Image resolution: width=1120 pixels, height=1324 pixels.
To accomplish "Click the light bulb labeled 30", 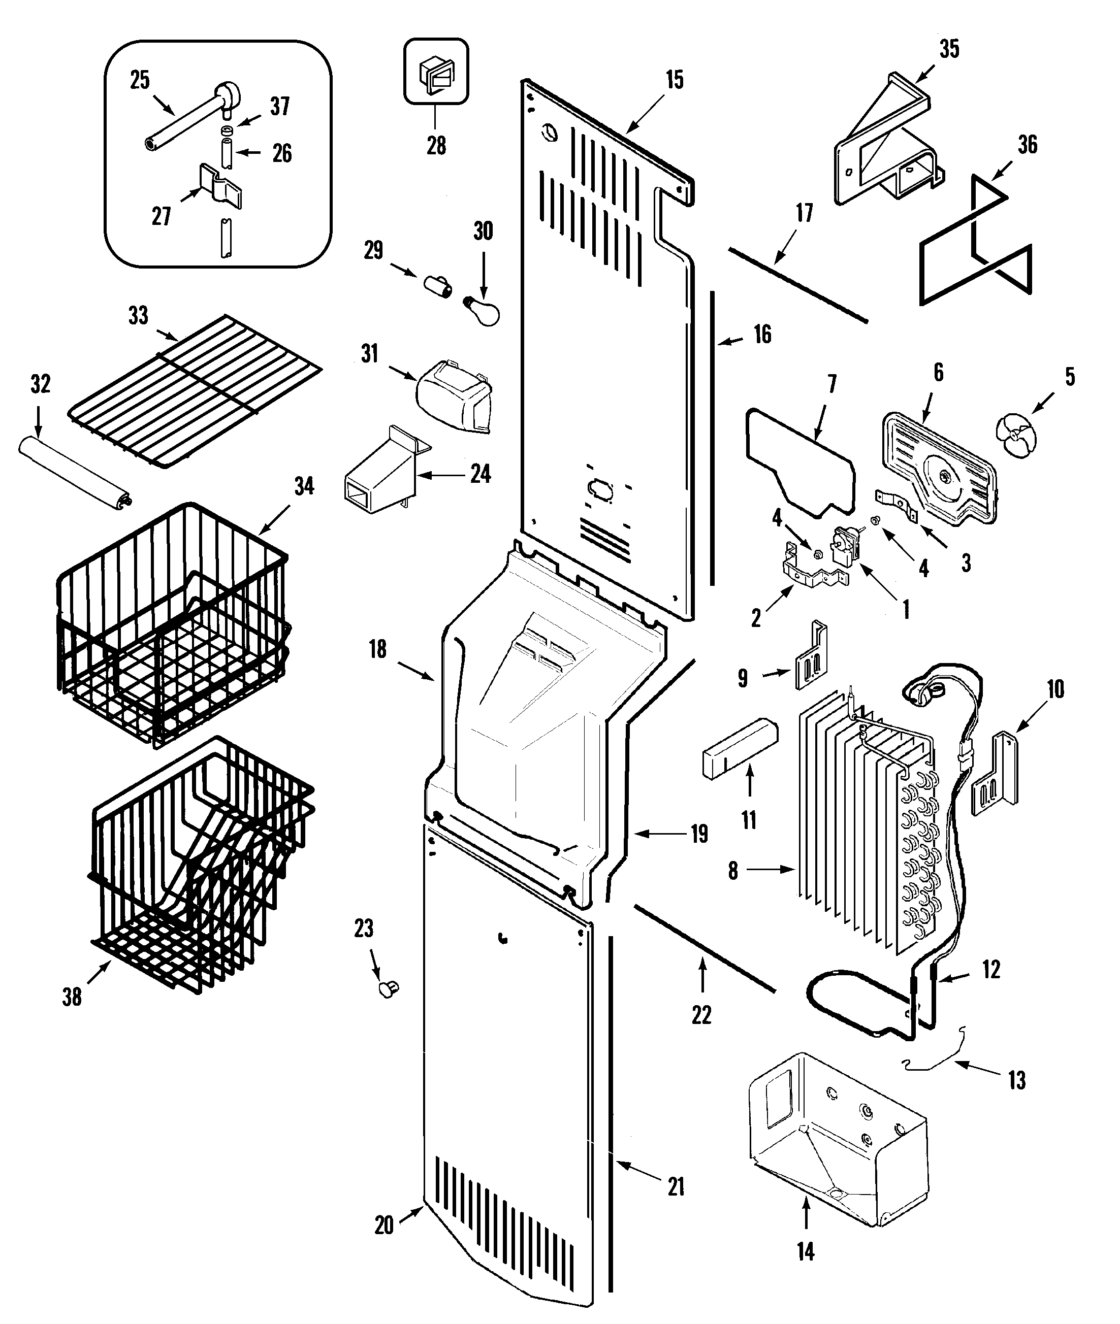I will (x=485, y=311).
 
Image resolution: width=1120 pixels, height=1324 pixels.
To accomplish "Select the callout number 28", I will (x=436, y=146).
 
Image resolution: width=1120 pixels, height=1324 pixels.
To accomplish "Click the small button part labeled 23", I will (x=388, y=987).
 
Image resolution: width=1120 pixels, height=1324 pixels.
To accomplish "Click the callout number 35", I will (x=949, y=49).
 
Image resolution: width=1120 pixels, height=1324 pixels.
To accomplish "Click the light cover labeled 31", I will (x=455, y=396).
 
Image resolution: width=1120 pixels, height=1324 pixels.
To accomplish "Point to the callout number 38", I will (x=72, y=997).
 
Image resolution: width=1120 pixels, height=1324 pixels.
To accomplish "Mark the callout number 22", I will (x=701, y=1015).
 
